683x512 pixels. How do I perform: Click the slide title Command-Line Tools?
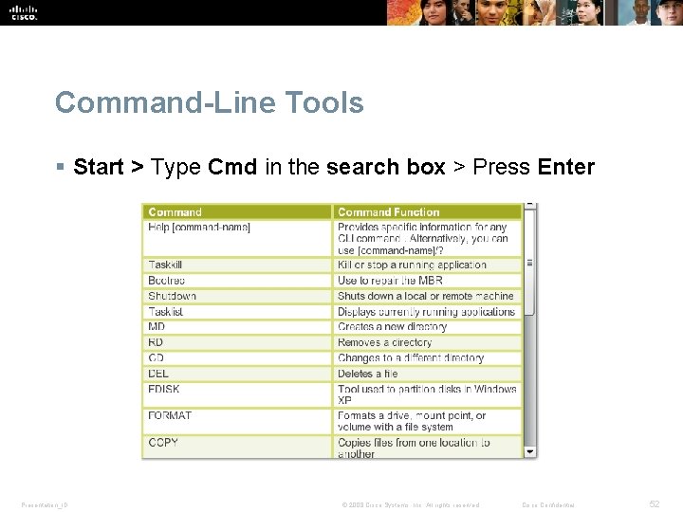coord(209,102)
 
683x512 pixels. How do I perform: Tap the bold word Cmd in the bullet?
coord(232,168)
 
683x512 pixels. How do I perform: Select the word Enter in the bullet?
coord(565,168)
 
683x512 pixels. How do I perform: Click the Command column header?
coord(175,212)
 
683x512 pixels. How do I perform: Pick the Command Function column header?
coord(388,212)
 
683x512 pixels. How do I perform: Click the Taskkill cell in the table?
coord(165,265)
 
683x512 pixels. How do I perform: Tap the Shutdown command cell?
coord(172,296)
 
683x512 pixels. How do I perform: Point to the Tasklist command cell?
coord(166,312)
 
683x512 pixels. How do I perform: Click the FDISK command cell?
coord(164,390)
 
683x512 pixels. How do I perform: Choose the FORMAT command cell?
coord(170,416)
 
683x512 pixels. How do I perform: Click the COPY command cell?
coord(163,443)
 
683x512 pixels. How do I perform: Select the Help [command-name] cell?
coord(199,228)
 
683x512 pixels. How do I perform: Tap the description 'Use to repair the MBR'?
coord(390,281)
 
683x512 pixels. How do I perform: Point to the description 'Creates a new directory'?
coord(392,327)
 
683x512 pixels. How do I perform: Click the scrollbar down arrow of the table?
coord(530,451)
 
